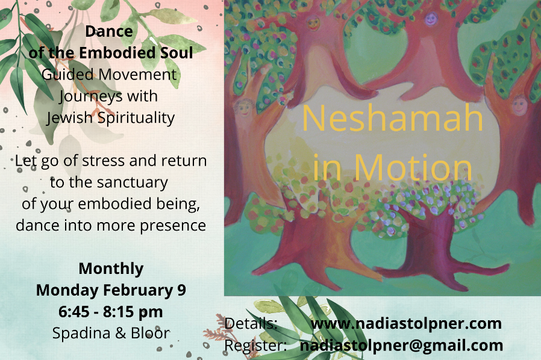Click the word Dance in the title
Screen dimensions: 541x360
pyautogui.click(x=109, y=31)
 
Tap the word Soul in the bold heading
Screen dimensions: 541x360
pyautogui.click(x=177, y=53)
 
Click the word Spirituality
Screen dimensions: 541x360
pyautogui.click(x=136, y=118)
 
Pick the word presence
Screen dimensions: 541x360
pyautogui.click(x=173, y=226)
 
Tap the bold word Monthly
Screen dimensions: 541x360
pyautogui.click(x=111, y=269)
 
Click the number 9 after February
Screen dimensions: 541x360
pyautogui.click(x=181, y=290)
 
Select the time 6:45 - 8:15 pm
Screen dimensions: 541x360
pyautogui.click(x=111, y=312)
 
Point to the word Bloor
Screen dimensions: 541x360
pyautogui.click(x=150, y=334)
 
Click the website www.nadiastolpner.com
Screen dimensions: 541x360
pyautogui.click(x=406, y=324)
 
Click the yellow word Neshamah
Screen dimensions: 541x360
pyautogui.click(x=392, y=118)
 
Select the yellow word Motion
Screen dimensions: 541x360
pyautogui.click(x=413, y=168)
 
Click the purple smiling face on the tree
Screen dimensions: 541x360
pyautogui.click(x=431, y=19)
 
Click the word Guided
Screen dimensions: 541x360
pyautogui.click(x=67, y=75)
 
